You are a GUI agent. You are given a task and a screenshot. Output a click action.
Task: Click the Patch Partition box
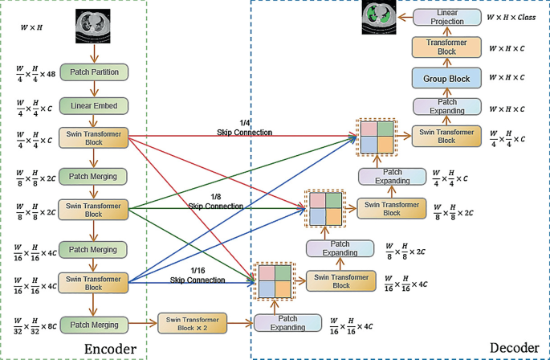(x=94, y=72)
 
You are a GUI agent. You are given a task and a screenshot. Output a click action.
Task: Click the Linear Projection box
(x=452, y=17)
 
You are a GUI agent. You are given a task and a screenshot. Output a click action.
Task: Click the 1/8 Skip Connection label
(x=215, y=202)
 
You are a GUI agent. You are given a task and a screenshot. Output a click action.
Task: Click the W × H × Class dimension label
(x=514, y=17)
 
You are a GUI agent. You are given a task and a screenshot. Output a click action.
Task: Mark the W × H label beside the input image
(x=31, y=28)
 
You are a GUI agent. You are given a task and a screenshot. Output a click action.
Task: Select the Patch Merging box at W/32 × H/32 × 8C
(x=94, y=325)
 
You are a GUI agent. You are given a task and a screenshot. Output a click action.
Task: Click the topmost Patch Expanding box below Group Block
(x=446, y=107)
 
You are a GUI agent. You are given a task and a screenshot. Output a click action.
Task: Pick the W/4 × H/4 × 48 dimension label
(x=35, y=73)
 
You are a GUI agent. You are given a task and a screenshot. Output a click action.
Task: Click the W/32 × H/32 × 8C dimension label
(x=35, y=325)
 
